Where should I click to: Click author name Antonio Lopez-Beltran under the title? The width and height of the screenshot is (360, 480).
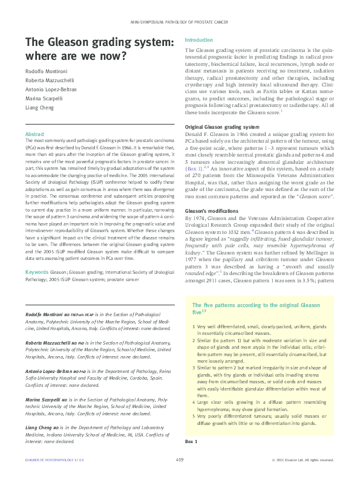(x=53, y=90)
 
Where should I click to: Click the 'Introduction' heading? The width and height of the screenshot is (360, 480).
(x=198, y=39)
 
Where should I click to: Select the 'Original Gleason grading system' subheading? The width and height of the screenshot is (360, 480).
(x=222, y=127)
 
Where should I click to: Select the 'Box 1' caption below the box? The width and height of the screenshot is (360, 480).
(x=192, y=459)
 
